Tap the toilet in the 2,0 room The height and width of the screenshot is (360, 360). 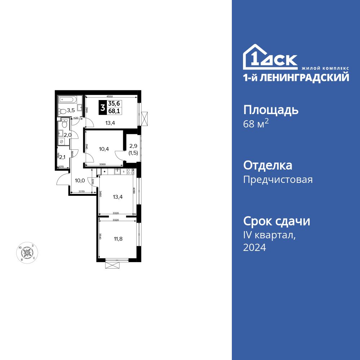(x=64, y=125)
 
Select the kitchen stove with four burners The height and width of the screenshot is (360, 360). (x=130, y=171)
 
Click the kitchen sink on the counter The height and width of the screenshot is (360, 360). (x=118, y=171)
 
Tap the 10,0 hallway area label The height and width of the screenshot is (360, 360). (x=80, y=180)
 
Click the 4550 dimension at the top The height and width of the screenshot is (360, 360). (x=111, y=96)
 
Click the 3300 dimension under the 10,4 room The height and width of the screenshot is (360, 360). (x=102, y=165)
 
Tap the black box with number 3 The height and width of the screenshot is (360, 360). (x=103, y=107)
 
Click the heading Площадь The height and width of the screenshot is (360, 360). (x=271, y=110)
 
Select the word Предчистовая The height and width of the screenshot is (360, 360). (x=278, y=180)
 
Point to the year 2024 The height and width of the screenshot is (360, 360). (x=255, y=247)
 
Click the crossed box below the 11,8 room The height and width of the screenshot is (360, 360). (x=112, y=265)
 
